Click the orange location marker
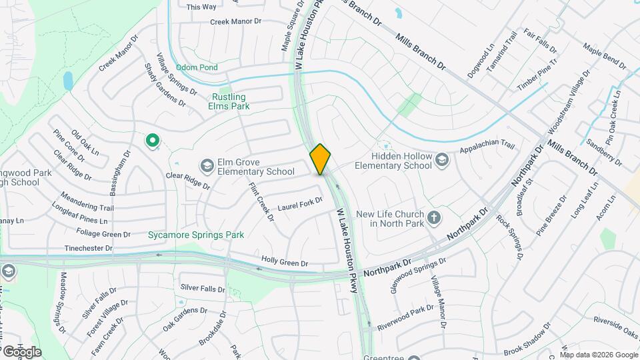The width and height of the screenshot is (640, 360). point(321,159)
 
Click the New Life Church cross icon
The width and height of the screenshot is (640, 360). point(434,218)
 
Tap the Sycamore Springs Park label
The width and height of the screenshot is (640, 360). point(196,235)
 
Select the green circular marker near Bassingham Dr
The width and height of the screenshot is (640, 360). point(152,140)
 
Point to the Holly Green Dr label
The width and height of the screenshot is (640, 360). point(285,263)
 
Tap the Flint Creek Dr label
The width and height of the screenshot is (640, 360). point(261,201)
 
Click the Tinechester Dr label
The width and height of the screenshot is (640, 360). point(89,248)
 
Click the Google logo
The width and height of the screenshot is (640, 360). point(21,352)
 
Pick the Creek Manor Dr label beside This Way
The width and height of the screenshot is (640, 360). point(235,21)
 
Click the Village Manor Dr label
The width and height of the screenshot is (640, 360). point(438,302)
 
